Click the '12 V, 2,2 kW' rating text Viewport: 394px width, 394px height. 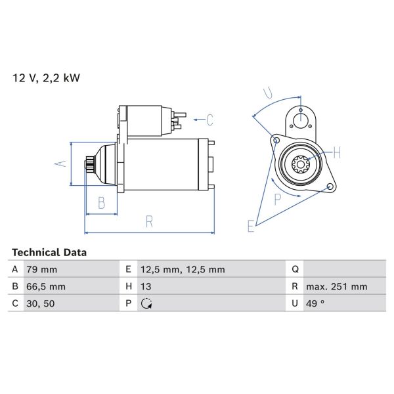point(46,77)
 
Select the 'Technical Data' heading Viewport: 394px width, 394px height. point(49,252)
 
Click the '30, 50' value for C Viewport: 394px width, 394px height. point(39,303)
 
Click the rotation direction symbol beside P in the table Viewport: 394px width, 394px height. point(146,303)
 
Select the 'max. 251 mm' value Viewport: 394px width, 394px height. point(337,286)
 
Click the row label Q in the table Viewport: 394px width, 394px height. point(295,269)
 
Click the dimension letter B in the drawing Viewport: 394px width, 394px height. point(101,204)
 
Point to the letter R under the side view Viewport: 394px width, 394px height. point(149,222)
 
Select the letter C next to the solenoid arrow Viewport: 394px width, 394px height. point(210,120)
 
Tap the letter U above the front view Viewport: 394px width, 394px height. point(267,92)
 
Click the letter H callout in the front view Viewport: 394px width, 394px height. point(337,153)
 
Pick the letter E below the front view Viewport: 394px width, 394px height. point(250,227)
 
